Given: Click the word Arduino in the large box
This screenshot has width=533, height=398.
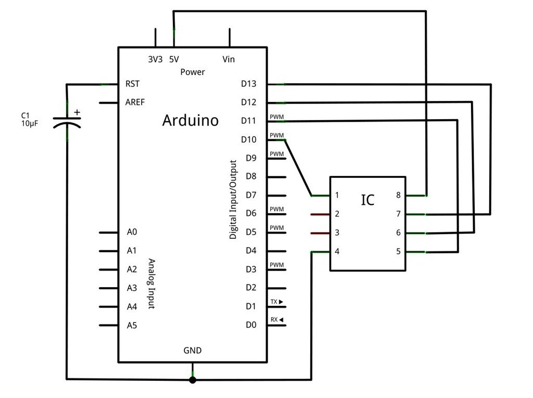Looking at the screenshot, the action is [191, 120].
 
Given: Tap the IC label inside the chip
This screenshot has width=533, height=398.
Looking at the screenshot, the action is [367, 200].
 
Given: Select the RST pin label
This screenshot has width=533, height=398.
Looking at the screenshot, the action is [132, 84].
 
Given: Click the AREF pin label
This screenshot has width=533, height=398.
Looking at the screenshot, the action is [135, 102].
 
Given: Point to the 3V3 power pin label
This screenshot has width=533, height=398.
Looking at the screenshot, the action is [155, 59].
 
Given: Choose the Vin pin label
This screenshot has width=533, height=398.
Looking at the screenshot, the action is [229, 59].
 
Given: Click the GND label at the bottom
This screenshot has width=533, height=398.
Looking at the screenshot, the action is [193, 351].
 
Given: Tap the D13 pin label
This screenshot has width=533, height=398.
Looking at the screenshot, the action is [248, 84].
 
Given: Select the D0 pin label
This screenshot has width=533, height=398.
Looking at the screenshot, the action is [251, 325].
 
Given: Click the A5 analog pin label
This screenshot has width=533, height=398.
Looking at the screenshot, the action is [132, 325].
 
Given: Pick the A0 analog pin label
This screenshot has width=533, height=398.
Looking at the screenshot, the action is [132, 232].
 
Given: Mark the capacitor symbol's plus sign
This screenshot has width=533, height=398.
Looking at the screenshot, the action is [77, 112].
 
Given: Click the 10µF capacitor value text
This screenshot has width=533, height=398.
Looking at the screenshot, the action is [30, 123].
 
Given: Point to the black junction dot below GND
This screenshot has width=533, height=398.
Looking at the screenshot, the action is [193, 380].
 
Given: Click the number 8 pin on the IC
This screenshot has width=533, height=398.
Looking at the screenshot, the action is [398, 195].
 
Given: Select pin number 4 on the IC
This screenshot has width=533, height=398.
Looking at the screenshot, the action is [337, 251].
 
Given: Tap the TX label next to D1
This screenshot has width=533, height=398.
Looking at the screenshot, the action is [274, 302].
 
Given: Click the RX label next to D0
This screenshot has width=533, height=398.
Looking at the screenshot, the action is [274, 319].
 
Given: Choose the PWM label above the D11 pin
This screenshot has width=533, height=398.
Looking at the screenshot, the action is [277, 117].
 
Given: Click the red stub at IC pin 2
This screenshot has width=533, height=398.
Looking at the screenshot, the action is [320, 214].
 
